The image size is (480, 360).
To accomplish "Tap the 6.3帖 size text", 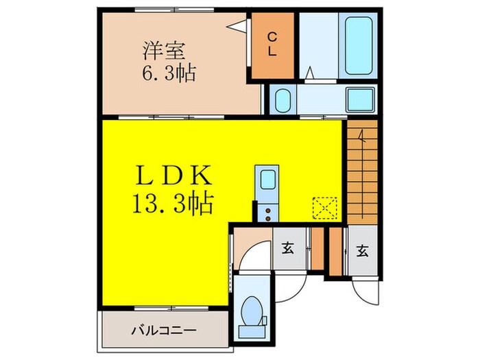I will click(x=169, y=72).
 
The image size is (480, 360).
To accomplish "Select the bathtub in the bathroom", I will click(x=358, y=46).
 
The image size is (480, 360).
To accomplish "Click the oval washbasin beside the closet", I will click(x=281, y=101).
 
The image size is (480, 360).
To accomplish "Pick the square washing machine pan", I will click(x=360, y=100).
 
